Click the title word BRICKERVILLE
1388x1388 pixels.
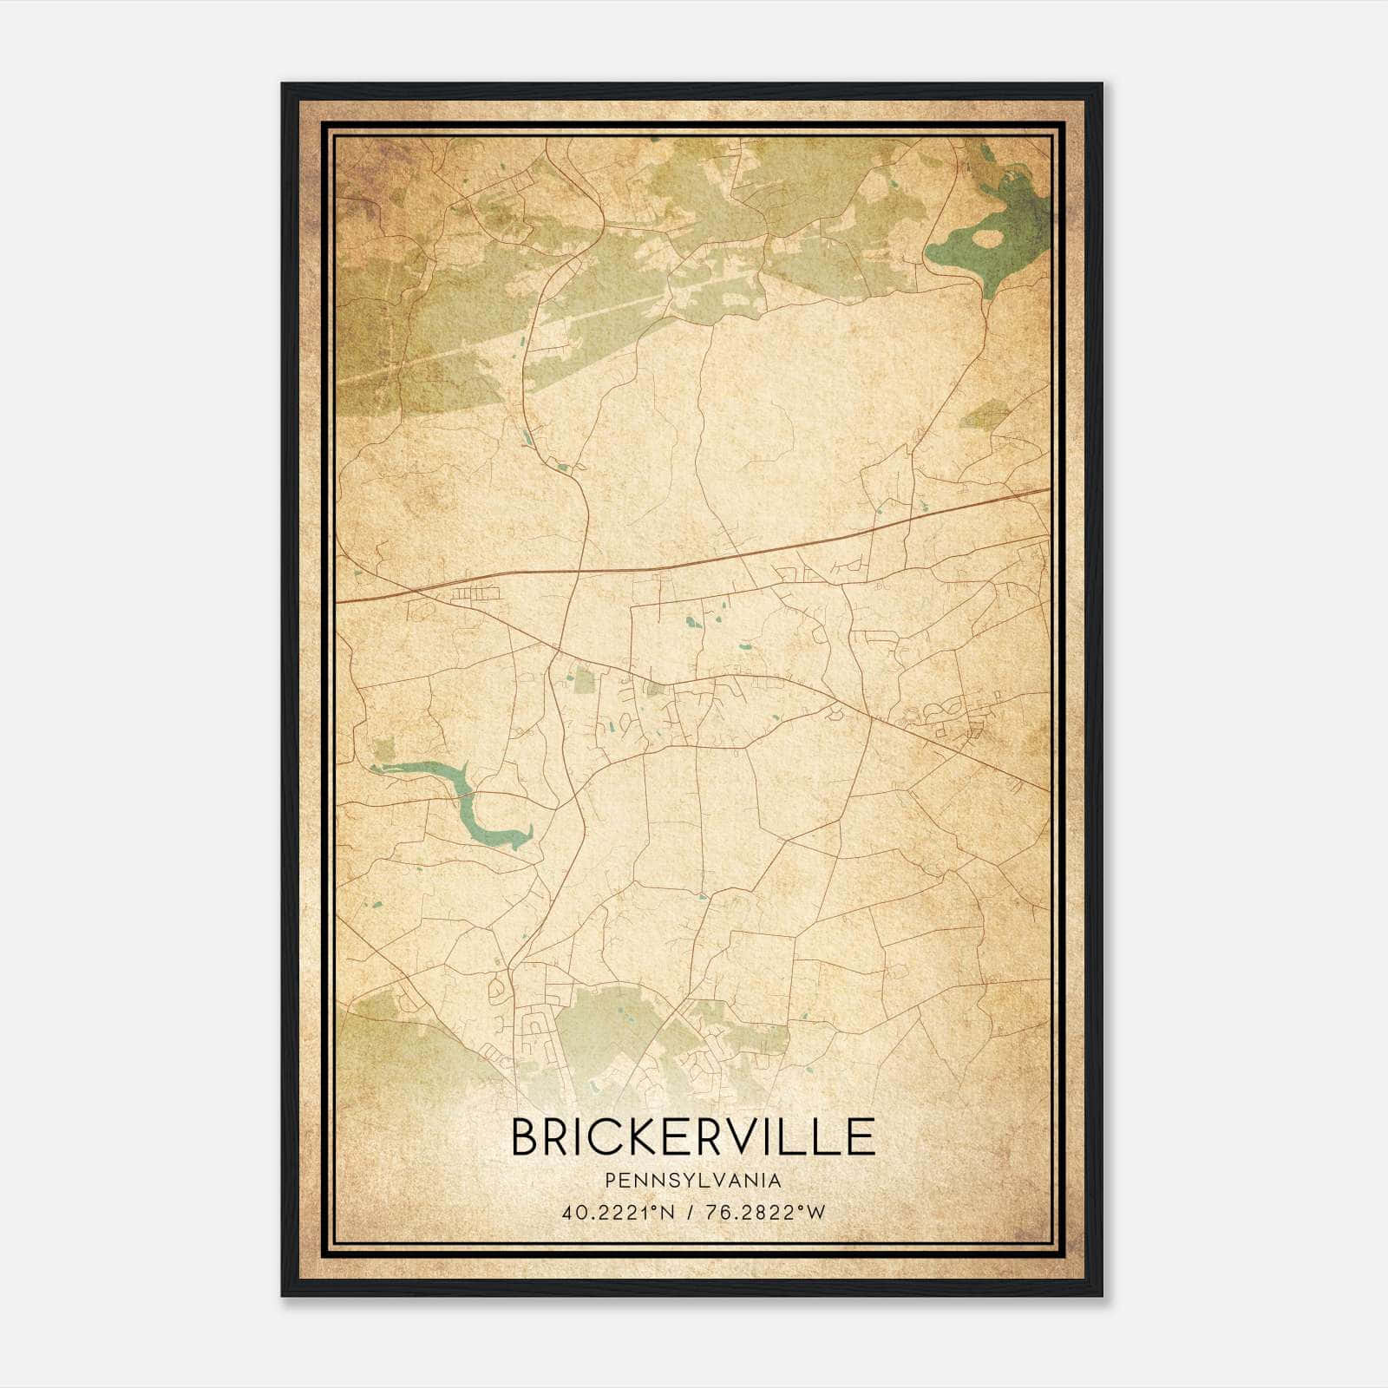coord(693,1136)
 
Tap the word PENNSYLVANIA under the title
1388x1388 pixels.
coord(693,1181)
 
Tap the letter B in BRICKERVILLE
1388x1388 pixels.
coord(527,1136)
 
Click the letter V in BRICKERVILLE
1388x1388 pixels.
coord(754,1136)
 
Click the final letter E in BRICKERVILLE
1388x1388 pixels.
coord(861,1136)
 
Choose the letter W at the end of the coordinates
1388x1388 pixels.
coord(816,1213)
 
